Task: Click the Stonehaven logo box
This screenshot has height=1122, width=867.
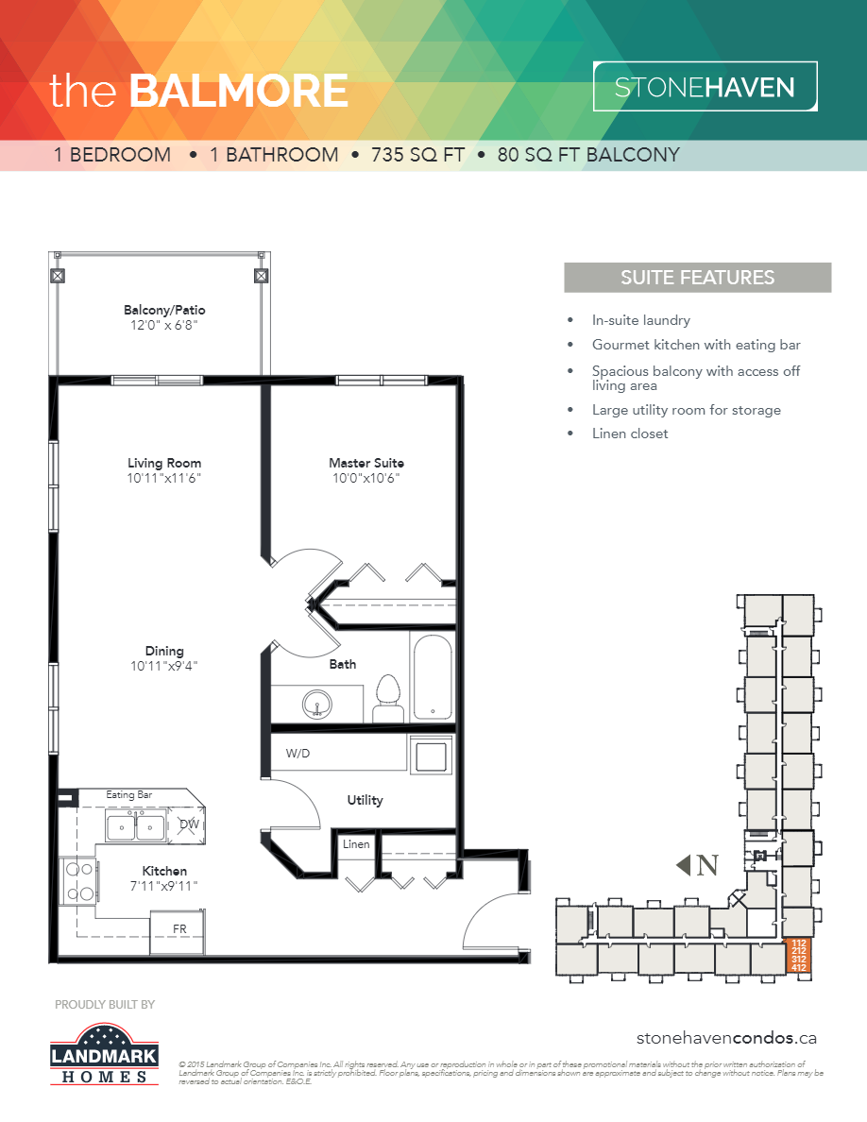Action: [705, 88]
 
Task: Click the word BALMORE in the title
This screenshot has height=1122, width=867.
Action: [238, 91]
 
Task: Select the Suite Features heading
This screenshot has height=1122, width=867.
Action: [697, 278]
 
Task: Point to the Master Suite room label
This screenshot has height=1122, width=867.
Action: [366, 463]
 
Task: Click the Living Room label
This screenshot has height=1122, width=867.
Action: [164, 463]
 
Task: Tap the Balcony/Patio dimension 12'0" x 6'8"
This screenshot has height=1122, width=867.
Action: [164, 325]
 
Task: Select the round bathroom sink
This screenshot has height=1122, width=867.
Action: [317, 704]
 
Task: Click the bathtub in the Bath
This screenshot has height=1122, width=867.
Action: [433, 677]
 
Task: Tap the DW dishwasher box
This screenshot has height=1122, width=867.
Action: [189, 824]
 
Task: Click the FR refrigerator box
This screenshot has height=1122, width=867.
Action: [178, 929]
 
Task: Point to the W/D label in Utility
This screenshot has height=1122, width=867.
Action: [299, 754]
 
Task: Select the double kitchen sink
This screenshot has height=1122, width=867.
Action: [135, 827]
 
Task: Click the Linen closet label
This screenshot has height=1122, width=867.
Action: [356, 844]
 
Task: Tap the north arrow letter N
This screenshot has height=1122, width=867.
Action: [708, 864]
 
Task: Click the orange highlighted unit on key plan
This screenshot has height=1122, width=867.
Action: [798, 956]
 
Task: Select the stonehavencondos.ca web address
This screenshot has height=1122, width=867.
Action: [725, 1038]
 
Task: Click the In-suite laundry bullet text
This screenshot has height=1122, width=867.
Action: [640, 320]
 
